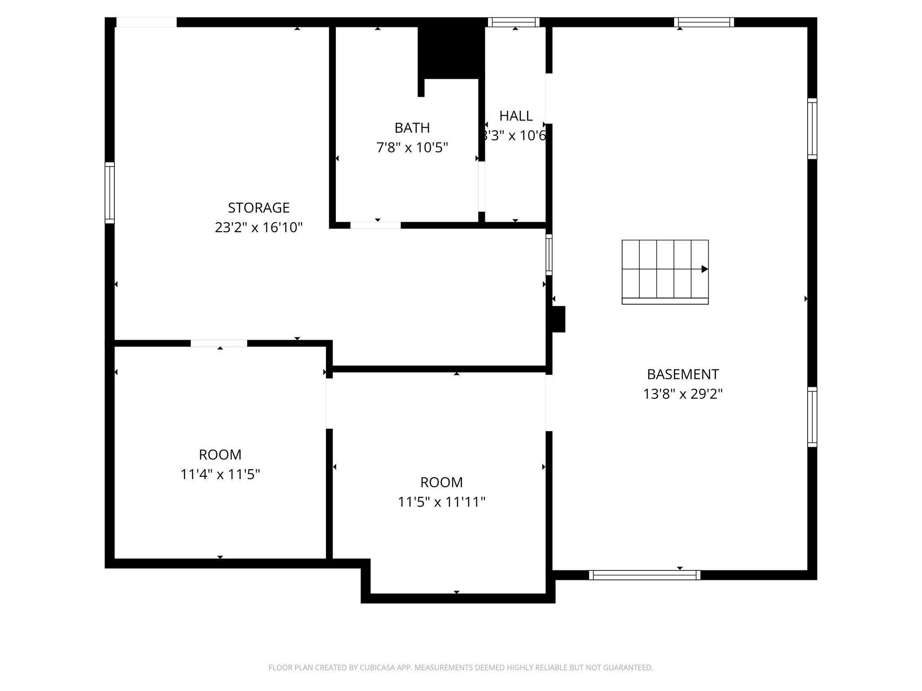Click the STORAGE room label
click(258, 208)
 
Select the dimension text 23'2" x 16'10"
click(258, 228)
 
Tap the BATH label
click(412, 128)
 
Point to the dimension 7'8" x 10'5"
click(412, 148)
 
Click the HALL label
click(516, 116)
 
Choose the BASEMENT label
click(682, 374)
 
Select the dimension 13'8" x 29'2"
click(682, 394)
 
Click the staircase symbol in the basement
click(664, 272)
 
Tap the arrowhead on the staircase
click(705, 269)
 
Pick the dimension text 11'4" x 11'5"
click(220, 474)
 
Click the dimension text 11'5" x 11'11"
click(441, 502)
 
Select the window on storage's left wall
click(110, 193)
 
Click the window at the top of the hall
click(514, 22)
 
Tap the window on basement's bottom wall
click(644, 575)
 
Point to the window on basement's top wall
click(704, 22)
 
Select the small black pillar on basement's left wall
click(558, 319)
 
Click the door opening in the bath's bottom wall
click(375, 225)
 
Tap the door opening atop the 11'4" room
click(219, 343)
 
